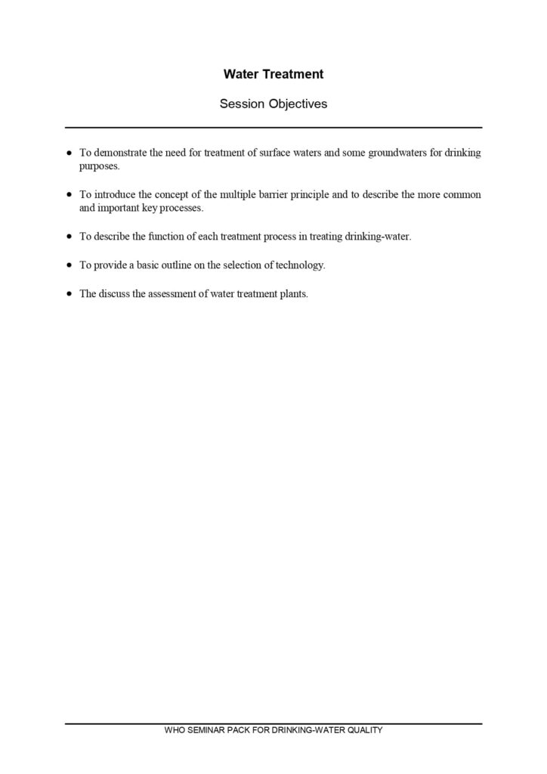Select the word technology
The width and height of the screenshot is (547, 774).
[x=300, y=265]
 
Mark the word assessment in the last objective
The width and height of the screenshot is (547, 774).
[x=171, y=294]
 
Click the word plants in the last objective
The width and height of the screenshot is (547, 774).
[x=294, y=294]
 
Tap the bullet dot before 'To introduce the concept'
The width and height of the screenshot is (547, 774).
[x=70, y=195]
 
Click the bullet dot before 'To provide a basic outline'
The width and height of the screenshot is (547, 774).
[x=70, y=266]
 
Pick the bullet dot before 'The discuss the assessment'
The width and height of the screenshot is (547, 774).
[x=70, y=295]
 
